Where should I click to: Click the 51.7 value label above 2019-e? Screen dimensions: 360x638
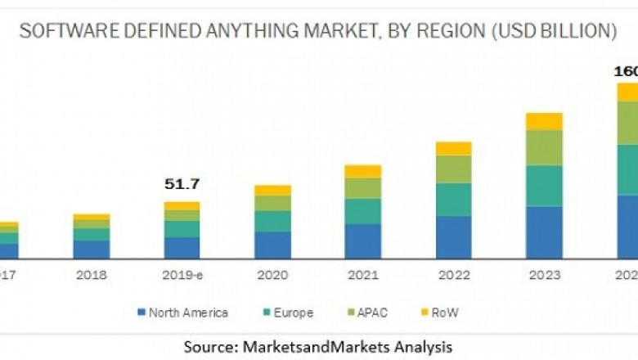tap(182, 185)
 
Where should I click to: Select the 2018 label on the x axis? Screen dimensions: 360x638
tap(92, 277)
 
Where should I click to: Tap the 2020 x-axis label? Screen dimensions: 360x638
tap(272, 277)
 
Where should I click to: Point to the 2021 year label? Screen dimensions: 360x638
tap(362, 277)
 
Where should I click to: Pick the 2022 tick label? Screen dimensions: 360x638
tap(453, 277)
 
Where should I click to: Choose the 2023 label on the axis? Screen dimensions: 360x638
tap(544, 277)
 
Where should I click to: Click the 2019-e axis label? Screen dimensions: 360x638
tap(182, 277)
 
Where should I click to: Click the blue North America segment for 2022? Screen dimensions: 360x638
tap(453, 237)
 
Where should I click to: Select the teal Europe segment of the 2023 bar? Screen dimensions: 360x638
tap(544, 186)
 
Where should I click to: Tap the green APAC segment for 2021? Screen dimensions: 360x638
tap(362, 188)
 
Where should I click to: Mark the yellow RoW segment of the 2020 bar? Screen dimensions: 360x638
tap(272, 190)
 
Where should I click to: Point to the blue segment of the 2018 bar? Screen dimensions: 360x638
tap(92, 250)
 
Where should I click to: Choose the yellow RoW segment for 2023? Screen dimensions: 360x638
tap(544, 121)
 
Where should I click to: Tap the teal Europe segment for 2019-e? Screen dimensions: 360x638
tap(182, 229)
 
